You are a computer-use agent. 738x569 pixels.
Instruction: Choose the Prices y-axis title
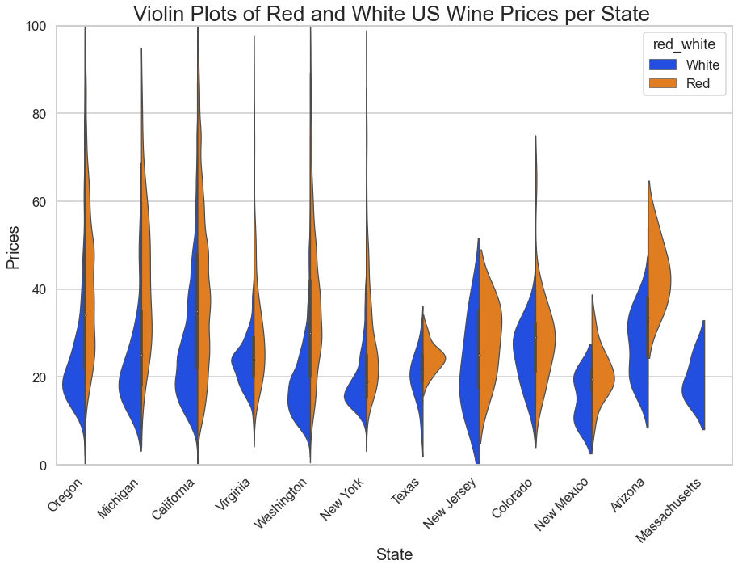pos(13,246)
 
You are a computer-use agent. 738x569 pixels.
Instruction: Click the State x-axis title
pos(394,554)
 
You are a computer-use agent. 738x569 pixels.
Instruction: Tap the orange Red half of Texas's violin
pos(433,356)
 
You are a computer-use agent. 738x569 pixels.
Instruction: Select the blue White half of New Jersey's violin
pos(468,380)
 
